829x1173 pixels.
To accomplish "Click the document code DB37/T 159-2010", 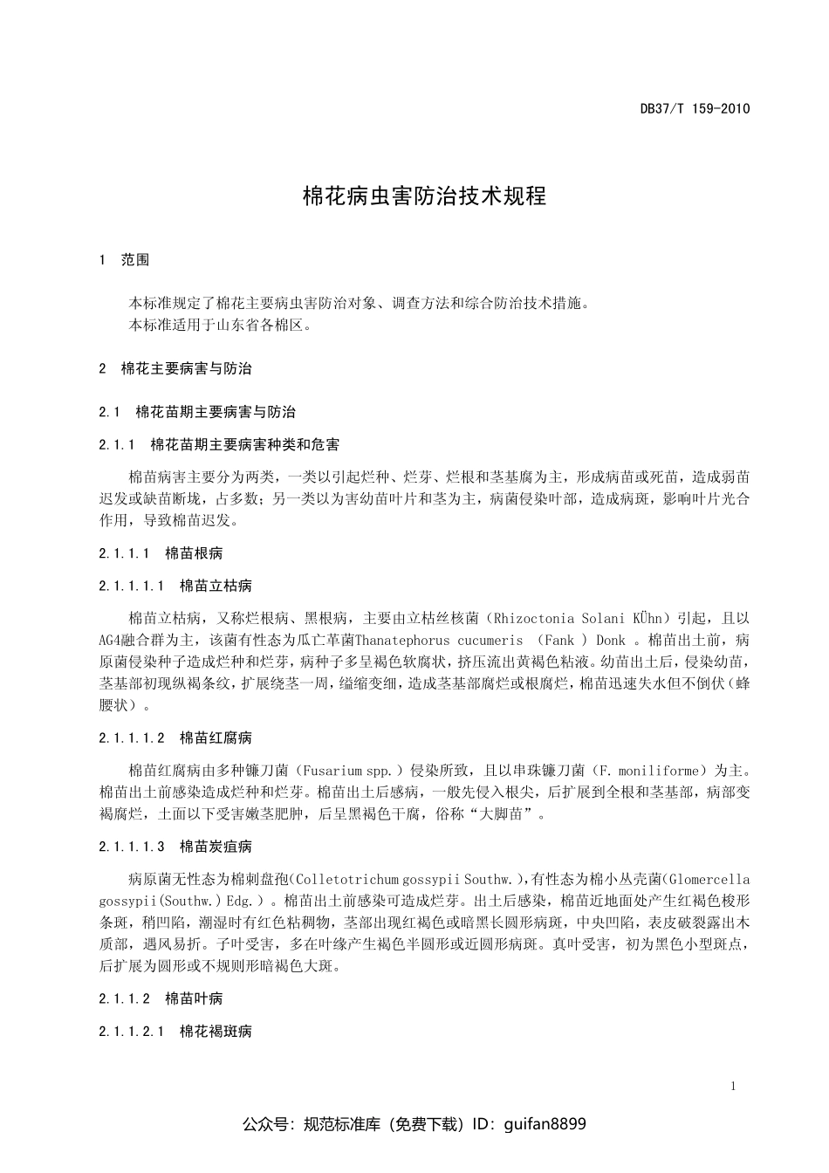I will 695,109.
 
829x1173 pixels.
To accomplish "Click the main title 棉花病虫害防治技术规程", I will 424,195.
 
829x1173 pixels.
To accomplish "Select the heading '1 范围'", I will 125,259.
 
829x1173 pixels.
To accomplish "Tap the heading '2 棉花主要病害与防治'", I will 175,368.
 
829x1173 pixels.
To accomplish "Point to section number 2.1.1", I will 117,444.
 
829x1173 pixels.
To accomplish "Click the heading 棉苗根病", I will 194,552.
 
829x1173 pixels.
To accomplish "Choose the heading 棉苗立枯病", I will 216,586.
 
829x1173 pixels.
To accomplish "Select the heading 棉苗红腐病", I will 216,737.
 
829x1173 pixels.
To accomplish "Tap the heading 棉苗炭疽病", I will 216,846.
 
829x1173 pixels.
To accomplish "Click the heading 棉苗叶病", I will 194,998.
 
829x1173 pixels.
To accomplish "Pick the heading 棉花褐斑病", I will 216,1031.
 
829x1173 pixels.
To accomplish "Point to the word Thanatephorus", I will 399,640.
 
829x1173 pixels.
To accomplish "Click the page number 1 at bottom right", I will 733,1087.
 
